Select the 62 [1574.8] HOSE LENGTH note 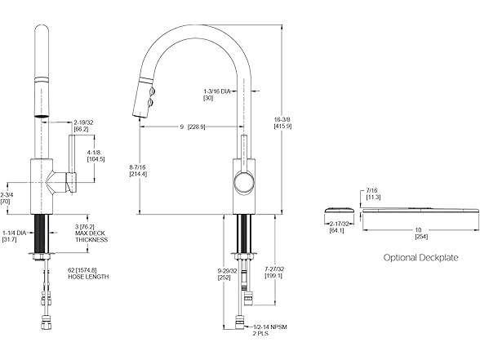[87, 273]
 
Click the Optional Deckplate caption [420, 257]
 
